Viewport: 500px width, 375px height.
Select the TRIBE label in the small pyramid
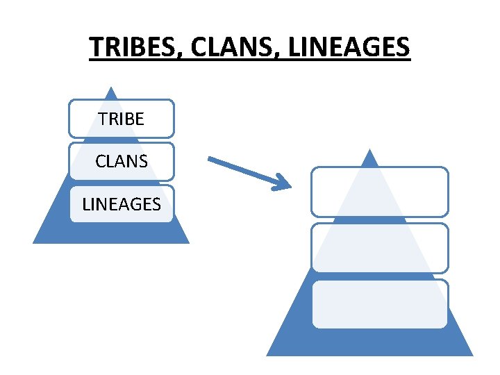point(122,119)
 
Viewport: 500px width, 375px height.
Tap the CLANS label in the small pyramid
point(122,161)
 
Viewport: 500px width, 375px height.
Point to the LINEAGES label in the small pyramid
point(122,204)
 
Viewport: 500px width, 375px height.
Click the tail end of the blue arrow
point(210,159)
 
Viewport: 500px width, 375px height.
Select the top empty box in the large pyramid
point(379,192)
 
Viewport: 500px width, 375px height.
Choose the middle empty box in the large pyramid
point(379,247)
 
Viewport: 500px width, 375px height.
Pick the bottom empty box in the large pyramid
point(379,303)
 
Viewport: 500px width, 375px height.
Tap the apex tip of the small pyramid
point(111,87)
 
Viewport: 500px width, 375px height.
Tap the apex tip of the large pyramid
point(370,149)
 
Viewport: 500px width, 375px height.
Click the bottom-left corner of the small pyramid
point(34,242)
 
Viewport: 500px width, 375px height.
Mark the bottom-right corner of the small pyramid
point(188,242)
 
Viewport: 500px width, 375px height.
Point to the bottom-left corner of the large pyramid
point(268,355)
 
